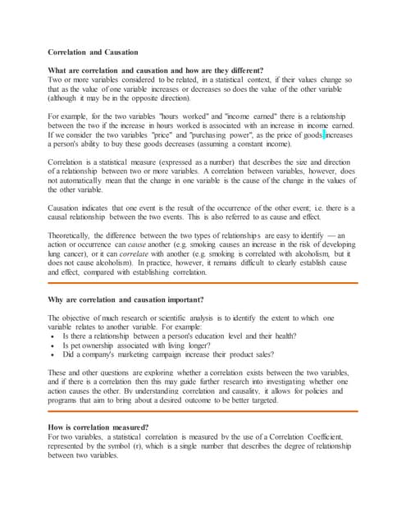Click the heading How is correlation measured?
point(98,427)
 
